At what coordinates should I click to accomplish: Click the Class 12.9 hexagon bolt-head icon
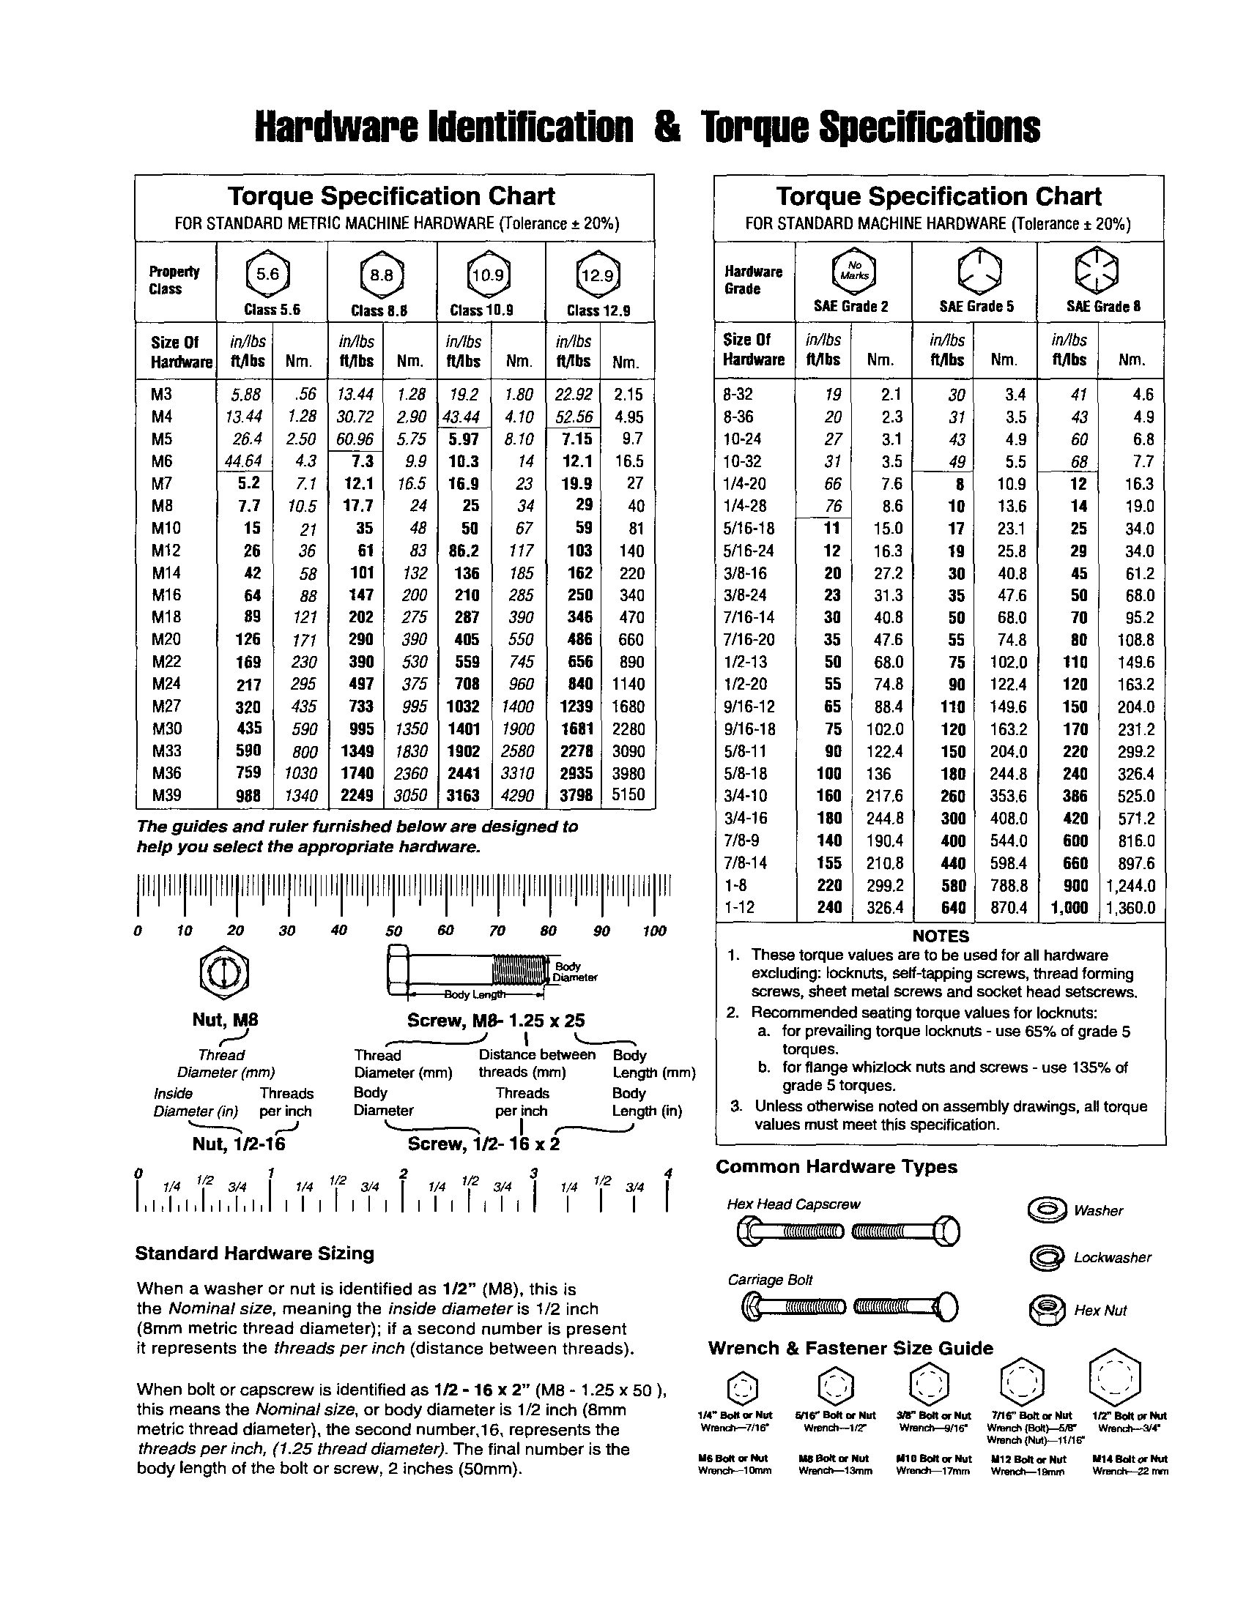tap(598, 276)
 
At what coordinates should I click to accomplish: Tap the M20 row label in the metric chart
tap(166, 639)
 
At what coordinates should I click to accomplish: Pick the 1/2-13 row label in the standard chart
tap(746, 662)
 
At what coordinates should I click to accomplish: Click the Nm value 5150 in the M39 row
tap(628, 795)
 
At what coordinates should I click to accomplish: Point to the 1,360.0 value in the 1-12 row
tap(1131, 908)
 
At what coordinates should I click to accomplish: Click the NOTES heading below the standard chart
tap(941, 936)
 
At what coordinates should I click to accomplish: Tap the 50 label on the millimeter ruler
tap(393, 931)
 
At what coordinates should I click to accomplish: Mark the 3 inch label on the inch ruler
tap(533, 1174)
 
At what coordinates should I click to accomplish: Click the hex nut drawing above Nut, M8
tap(224, 972)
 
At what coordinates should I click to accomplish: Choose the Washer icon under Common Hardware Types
tap(1047, 1210)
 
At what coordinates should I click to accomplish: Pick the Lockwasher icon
tap(1047, 1258)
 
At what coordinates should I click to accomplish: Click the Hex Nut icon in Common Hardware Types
tap(1047, 1310)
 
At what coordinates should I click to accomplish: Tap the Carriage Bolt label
tap(770, 1280)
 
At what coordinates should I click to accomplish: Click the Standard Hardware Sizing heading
tap(255, 1253)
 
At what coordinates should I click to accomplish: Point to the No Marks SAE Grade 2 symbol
tap(854, 270)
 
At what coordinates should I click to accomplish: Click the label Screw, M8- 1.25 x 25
tap(496, 1021)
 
